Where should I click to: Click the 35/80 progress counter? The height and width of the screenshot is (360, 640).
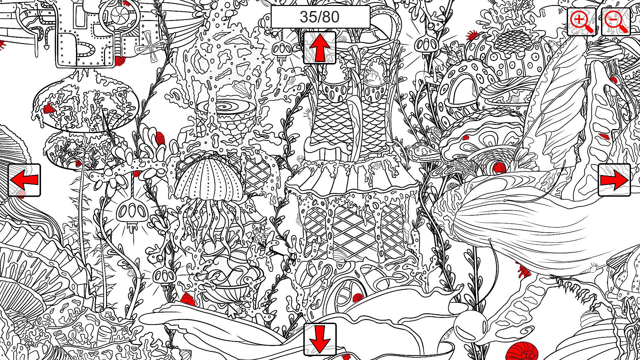[320, 17]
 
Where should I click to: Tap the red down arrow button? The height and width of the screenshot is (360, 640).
[320, 339]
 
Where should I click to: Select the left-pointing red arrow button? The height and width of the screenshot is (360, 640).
[24, 180]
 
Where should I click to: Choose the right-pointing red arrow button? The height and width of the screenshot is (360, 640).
[614, 180]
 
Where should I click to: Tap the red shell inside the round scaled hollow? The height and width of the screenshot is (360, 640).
[498, 167]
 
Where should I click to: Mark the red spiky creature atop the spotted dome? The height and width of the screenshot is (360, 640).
[472, 34]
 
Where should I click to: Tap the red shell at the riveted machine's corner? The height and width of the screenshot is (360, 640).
[120, 60]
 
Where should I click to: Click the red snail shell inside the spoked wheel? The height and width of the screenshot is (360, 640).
[357, 298]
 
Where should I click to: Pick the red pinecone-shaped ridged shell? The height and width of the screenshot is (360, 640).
[160, 138]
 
